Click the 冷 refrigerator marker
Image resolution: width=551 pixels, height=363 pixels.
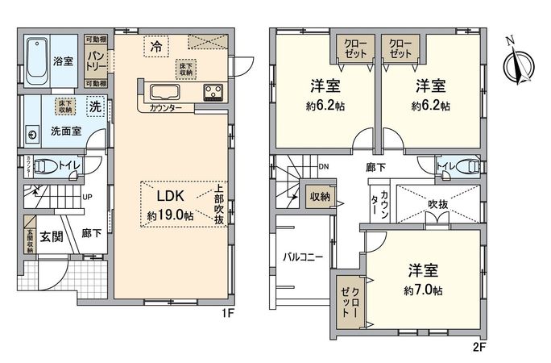click(156, 48)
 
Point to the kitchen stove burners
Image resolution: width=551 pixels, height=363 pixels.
click(213, 90)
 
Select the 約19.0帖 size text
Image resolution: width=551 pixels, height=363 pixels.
click(170, 215)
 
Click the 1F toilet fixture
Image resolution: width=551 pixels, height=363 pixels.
click(49, 167)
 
